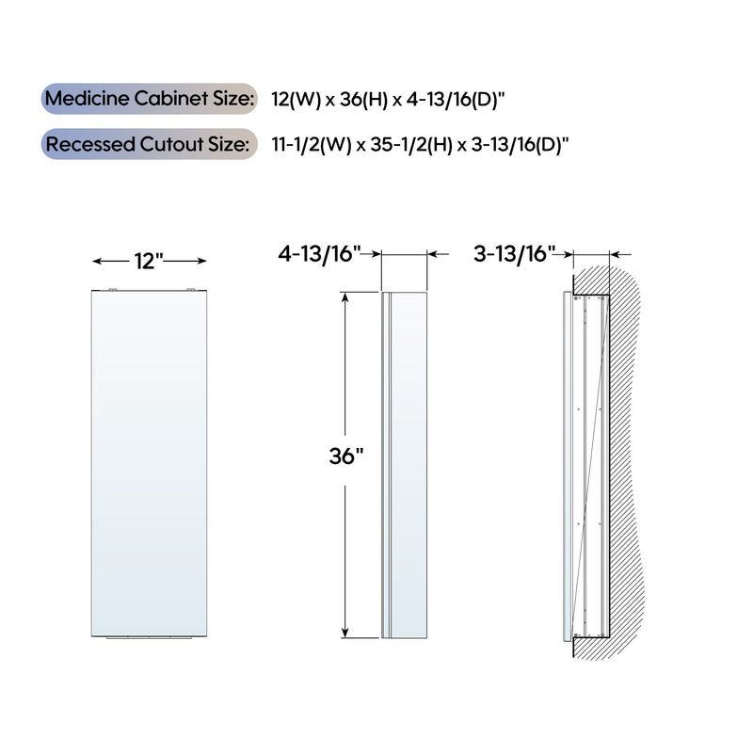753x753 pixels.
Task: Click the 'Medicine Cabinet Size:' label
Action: pos(149,97)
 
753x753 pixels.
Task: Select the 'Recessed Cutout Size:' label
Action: pos(149,144)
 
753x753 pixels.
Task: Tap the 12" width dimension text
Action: pos(149,262)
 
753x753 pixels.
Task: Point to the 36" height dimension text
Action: pos(346,457)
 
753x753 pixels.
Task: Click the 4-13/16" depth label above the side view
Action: pos(320,253)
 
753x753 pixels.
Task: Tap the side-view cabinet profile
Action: pos(406,466)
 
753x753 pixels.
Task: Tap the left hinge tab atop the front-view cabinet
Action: pos(111,289)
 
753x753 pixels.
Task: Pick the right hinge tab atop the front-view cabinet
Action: pos(189,289)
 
